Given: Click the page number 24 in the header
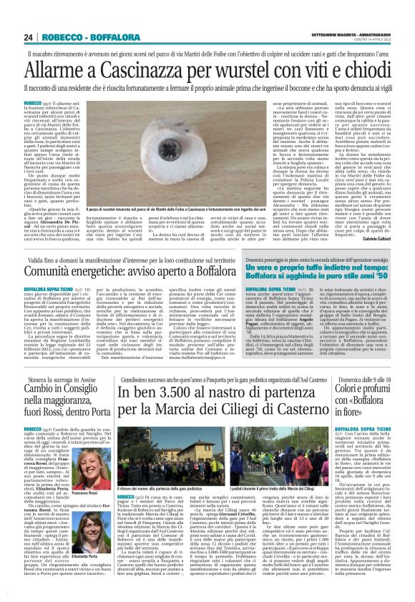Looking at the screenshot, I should click(29, 37).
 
